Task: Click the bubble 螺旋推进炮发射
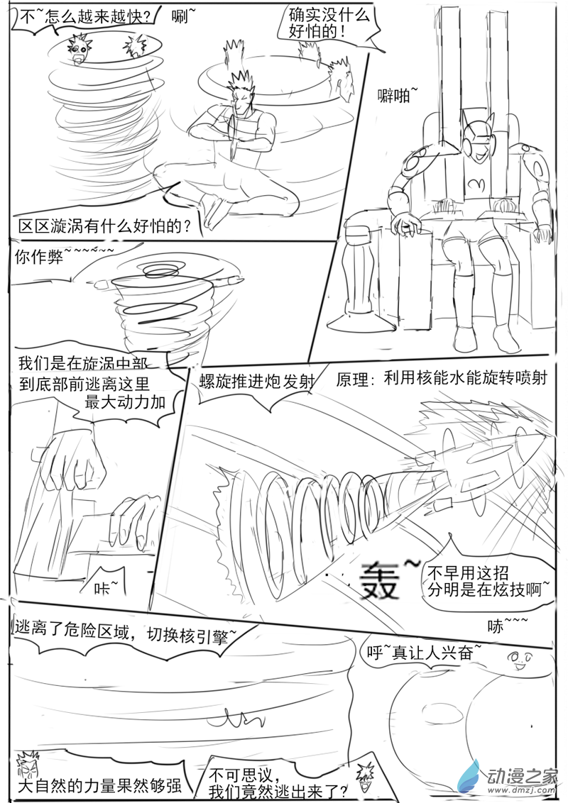257,382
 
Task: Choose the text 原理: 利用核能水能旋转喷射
441,377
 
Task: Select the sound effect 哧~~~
508,626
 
